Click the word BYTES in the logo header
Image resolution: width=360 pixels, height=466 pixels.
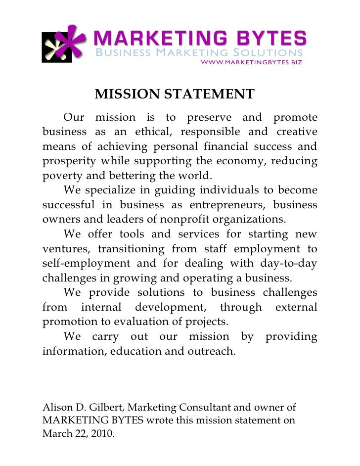pos(264,38)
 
